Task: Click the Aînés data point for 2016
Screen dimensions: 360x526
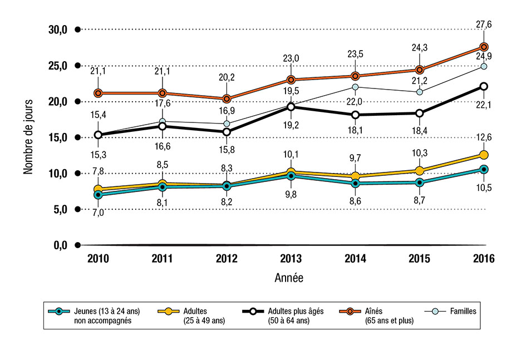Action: click(484, 47)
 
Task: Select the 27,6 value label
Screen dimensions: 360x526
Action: click(484, 24)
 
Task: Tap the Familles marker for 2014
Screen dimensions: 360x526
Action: click(355, 87)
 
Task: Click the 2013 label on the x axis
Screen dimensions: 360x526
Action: click(290, 258)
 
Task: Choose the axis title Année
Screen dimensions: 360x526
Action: click(289, 277)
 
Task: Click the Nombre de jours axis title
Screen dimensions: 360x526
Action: click(28, 136)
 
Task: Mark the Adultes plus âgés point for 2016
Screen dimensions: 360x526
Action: click(484, 86)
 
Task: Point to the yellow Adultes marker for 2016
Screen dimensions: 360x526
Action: click(484, 155)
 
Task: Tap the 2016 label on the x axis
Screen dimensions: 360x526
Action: click(484, 258)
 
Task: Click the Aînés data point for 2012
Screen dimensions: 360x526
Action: click(227, 99)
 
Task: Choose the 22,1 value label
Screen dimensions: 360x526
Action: click(484, 104)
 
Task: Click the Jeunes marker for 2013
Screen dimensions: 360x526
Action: click(291, 176)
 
